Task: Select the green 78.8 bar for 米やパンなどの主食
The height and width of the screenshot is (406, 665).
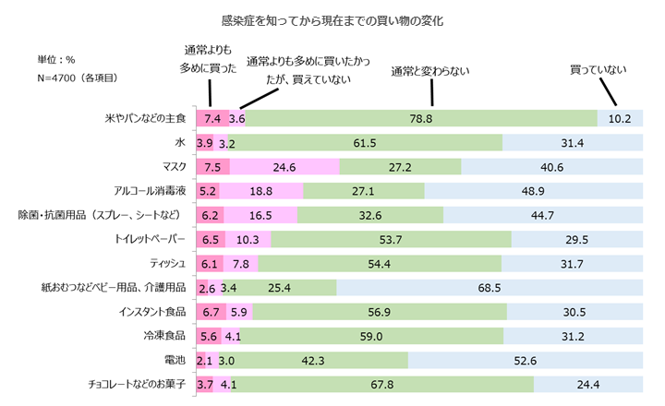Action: point(421,118)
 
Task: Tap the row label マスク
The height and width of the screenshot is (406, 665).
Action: point(174,166)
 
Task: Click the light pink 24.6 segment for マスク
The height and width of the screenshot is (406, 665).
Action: point(284,166)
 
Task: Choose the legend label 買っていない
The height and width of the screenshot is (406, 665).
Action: point(598,69)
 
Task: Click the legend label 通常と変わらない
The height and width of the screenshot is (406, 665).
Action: point(430,69)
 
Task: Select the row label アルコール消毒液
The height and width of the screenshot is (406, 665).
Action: point(150,190)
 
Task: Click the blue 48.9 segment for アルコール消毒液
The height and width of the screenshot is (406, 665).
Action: point(533,190)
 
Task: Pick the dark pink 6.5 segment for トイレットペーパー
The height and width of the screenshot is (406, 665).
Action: point(210,238)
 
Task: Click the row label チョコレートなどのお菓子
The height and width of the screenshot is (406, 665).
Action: point(136,382)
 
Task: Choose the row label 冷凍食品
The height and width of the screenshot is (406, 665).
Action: point(166,334)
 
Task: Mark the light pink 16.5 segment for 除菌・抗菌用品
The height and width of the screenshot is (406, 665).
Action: point(260,214)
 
